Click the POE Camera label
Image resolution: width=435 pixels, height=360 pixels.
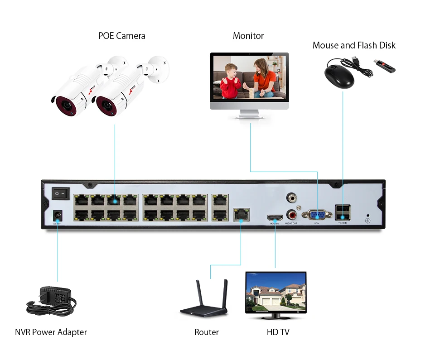coord(121,36)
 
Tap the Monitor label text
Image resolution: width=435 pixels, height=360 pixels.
coord(248,36)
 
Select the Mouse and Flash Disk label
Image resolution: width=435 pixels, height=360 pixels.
coord(354,45)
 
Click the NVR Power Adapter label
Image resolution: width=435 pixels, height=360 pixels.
coord(51,332)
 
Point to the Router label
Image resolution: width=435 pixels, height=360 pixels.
coord(206,332)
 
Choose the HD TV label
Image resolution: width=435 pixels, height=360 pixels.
coord(278,332)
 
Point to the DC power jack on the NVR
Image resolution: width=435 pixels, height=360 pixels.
coord(58,216)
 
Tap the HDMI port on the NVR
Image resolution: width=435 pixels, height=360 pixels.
coord(275,217)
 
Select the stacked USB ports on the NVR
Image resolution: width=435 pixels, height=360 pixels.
coord(342,211)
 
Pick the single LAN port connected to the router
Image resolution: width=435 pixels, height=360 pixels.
coord(240,214)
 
